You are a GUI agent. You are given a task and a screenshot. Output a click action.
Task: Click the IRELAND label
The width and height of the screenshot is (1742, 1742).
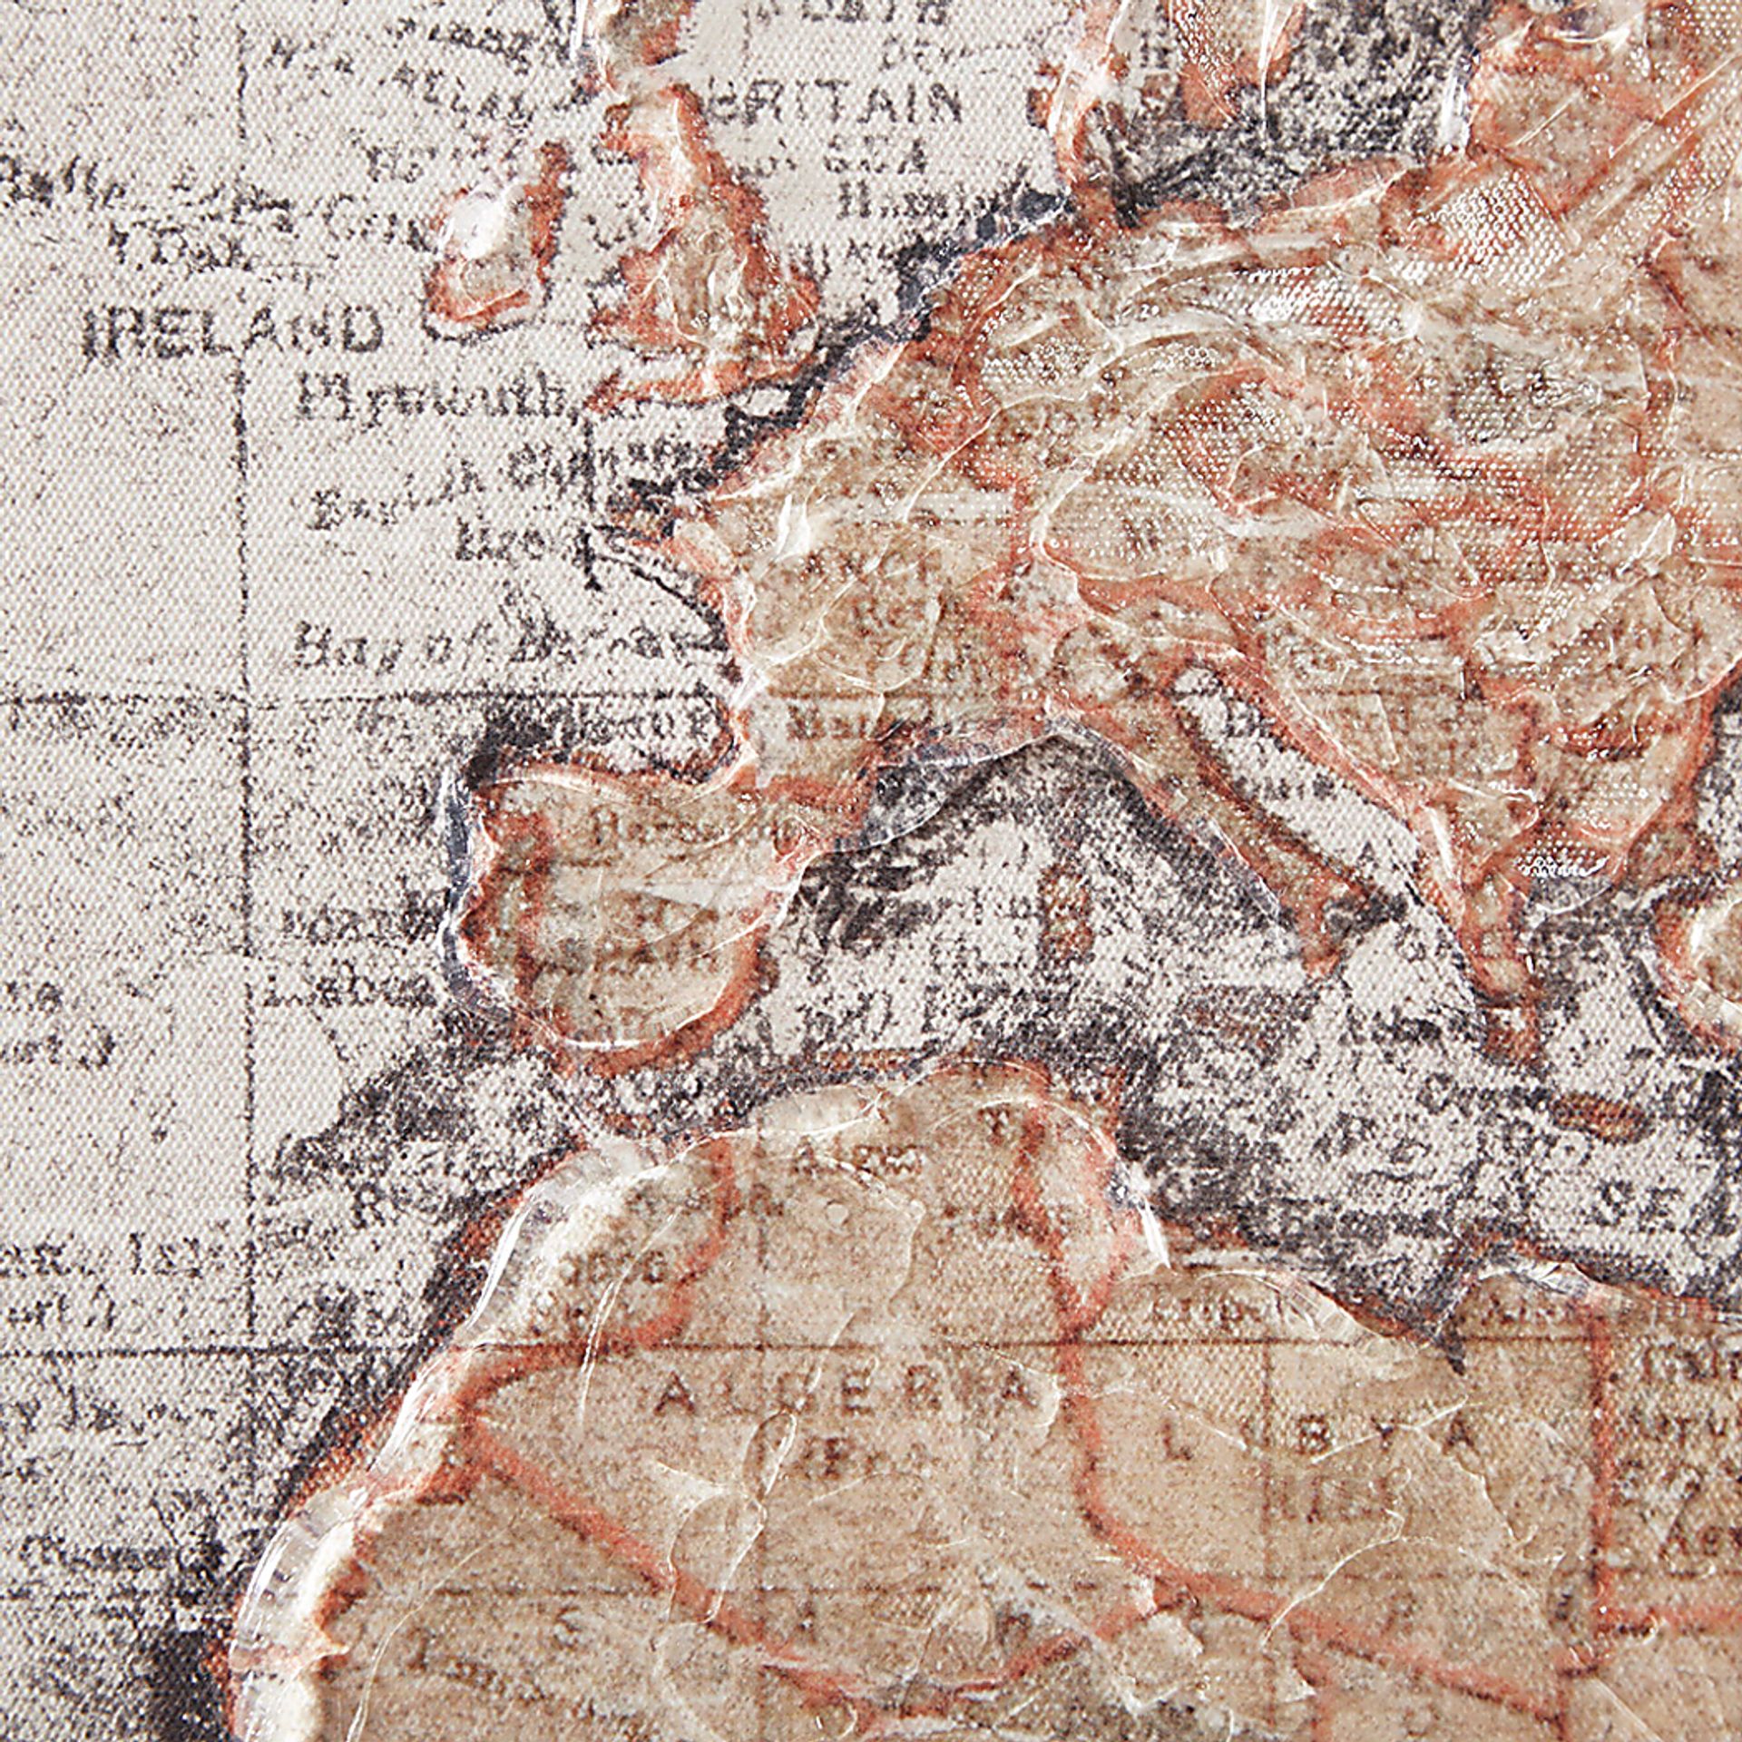[x=231, y=330]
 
